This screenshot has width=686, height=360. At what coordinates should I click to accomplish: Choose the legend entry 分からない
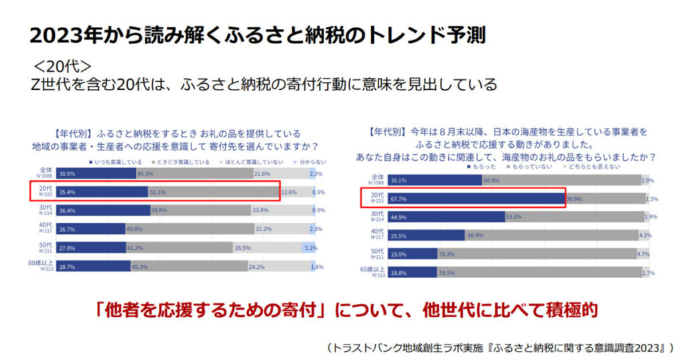[312, 162]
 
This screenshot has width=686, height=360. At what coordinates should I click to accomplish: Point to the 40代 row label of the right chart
[376, 235]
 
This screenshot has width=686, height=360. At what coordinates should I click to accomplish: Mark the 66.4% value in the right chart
[476, 235]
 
